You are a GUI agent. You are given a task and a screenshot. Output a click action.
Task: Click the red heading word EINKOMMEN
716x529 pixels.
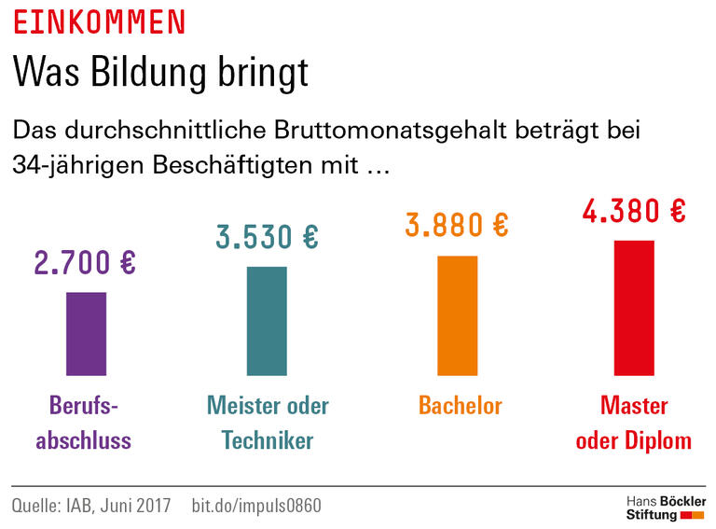pos(99,21)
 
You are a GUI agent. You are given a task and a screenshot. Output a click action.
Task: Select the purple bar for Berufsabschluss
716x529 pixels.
pos(86,334)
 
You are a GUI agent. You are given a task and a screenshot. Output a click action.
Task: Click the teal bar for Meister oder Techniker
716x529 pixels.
pos(267,321)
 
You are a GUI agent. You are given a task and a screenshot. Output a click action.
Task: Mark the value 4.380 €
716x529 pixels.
pos(634,211)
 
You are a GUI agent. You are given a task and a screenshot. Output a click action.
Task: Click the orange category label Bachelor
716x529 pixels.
pos(460,406)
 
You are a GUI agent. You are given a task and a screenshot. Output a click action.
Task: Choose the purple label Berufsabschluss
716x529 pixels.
pos(84,423)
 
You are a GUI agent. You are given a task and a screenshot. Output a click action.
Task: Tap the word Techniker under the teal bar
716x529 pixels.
pos(268,440)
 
